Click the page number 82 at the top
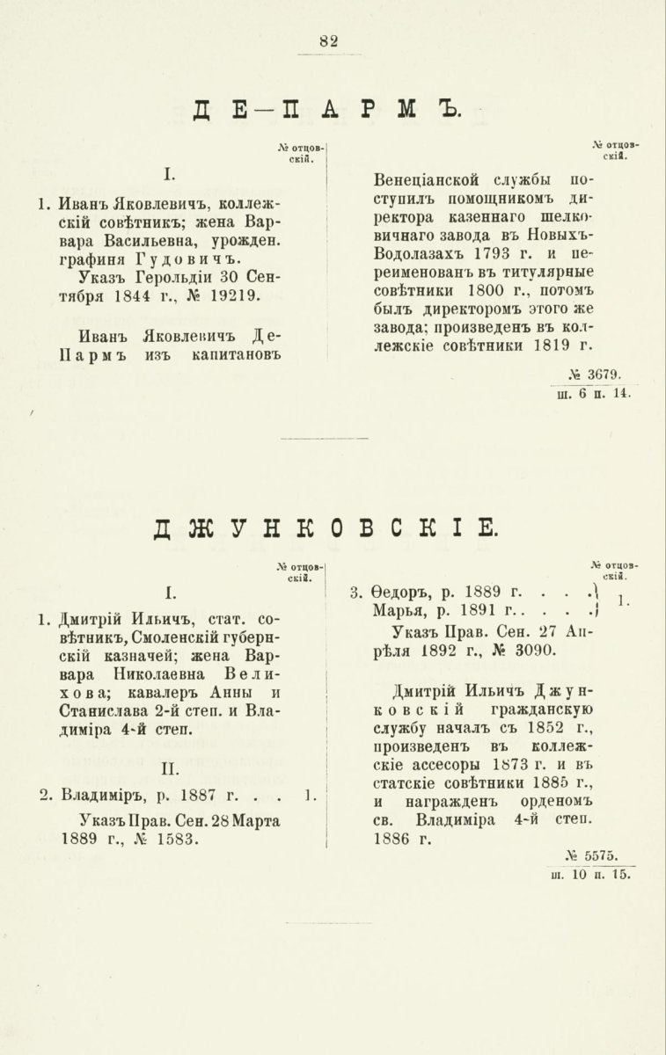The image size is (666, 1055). pyautogui.click(x=329, y=40)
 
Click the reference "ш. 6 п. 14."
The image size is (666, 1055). pyautogui.click(x=595, y=394)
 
